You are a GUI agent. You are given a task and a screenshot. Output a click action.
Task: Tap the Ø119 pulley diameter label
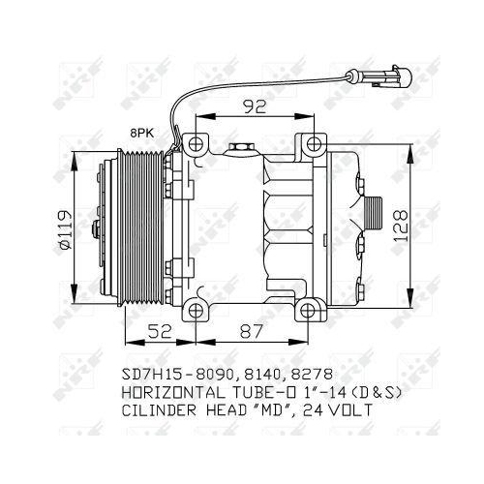click(65, 228)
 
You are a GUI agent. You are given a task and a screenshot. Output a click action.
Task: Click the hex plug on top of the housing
click(240, 149)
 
